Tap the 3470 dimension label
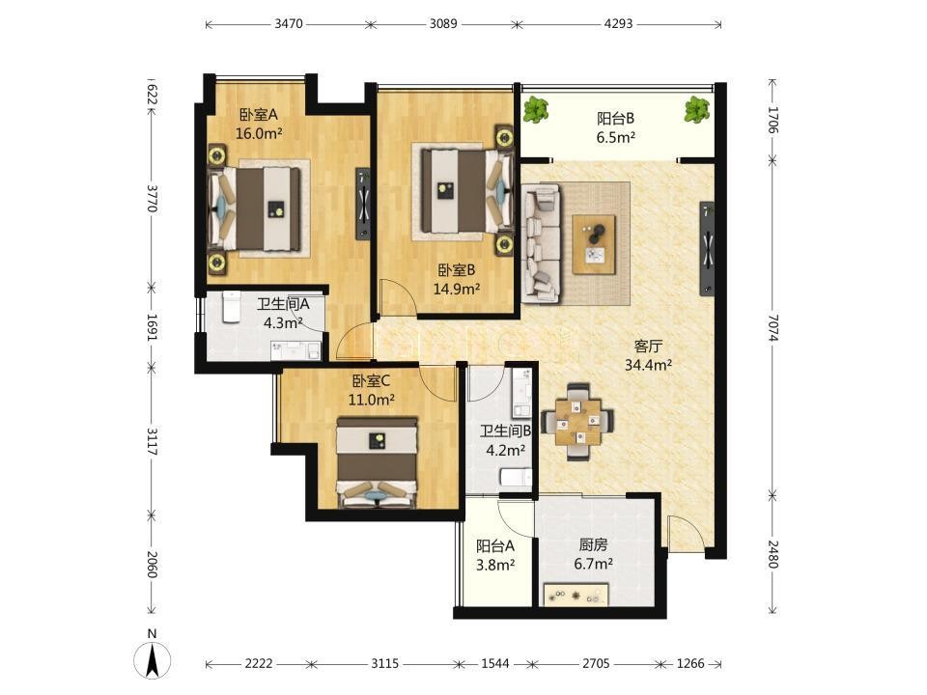click(x=289, y=23)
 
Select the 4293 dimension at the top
click(x=618, y=23)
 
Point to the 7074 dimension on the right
click(x=773, y=327)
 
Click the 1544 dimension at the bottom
click(x=494, y=664)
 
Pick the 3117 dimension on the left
click(x=152, y=441)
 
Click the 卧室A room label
click(x=259, y=114)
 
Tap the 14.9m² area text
click(x=457, y=289)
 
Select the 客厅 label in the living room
click(x=648, y=346)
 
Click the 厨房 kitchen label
click(x=593, y=544)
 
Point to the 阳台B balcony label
click(x=615, y=118)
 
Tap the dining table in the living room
click(x=578, y=422)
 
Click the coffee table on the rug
click(x=594, y=244)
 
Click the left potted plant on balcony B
click(x=536, y=110)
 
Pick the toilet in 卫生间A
click(x=231, y=307)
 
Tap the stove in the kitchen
click(x=576, y=595)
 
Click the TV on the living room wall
click(x=707, y=248)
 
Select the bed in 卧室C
click(x=377, y=462)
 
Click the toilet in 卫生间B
click(x=516, y=476)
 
